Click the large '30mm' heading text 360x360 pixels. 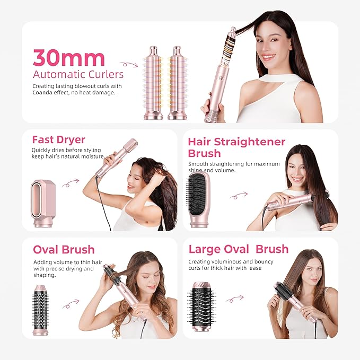click(68, 57)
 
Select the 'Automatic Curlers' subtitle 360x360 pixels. click(78, 74)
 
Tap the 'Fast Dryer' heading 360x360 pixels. click(58, 140)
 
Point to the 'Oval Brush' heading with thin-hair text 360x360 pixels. click(64, 249)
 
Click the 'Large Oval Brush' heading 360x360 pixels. click(238, 249)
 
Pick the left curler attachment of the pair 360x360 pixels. click(154, 83)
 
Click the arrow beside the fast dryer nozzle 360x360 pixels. click(71, 183)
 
